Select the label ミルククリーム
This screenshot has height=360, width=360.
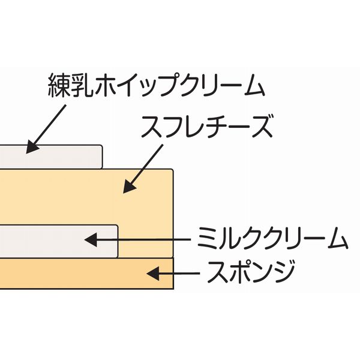click(273, 239)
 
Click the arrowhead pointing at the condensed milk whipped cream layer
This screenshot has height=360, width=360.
click(32, 146)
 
